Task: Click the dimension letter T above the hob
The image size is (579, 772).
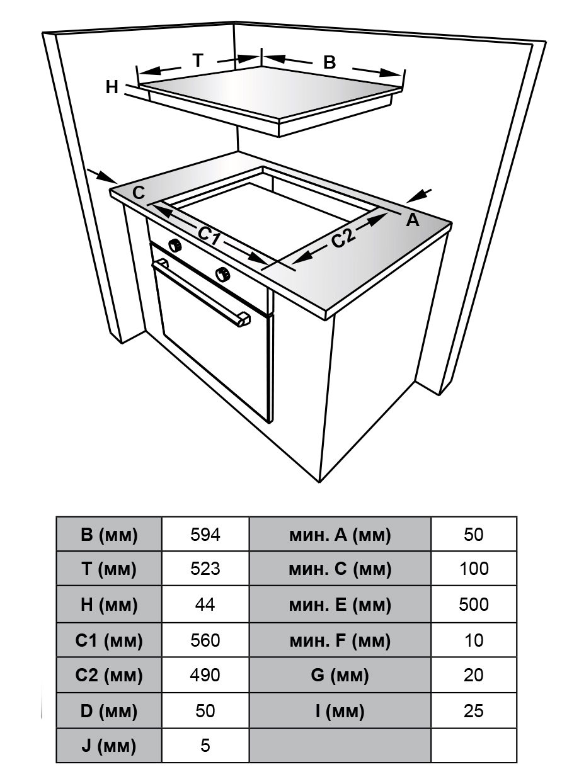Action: coord(198,60)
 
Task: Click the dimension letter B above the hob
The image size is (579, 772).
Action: coord(330,62)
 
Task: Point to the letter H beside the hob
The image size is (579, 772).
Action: coord(112,88)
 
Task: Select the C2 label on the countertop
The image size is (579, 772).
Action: coord(344,238)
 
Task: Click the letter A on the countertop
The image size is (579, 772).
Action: coord(412,220)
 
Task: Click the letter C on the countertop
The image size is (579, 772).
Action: coord(139,193)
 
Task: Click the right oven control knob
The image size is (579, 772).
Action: coord(222,273)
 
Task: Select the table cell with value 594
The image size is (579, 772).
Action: coord(205,535)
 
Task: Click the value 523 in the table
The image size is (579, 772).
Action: coord(205,569)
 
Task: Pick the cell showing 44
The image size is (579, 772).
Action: coord(205,605)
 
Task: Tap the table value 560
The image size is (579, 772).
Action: coord(205,640)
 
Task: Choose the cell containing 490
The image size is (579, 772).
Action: coord(205,675)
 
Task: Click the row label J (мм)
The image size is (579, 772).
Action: coord(109,746)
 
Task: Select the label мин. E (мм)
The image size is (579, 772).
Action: coord(340,605)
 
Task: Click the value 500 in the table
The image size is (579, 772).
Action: coord(474,605)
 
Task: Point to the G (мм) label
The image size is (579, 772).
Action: coord(340,676)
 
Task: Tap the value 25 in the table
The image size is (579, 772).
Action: coord(474,711)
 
